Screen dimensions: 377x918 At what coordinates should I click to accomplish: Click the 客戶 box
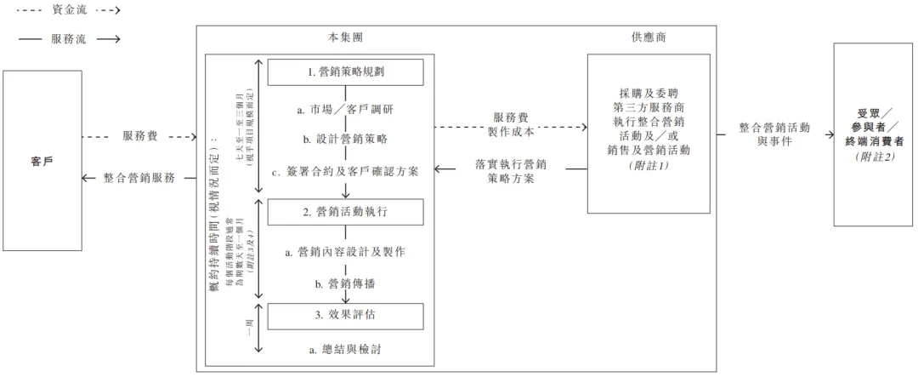point(42,160)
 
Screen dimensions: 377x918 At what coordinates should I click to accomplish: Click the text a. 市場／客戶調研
point(344,111)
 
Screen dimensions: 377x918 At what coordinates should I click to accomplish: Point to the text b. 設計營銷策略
point(344,140)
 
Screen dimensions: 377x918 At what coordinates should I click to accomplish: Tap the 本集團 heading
point(347,38)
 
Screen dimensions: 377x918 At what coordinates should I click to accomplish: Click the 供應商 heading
point(649,38)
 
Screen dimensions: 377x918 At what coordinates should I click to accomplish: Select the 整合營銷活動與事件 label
point(773,134)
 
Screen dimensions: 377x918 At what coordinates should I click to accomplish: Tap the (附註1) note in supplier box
point(649,165)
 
